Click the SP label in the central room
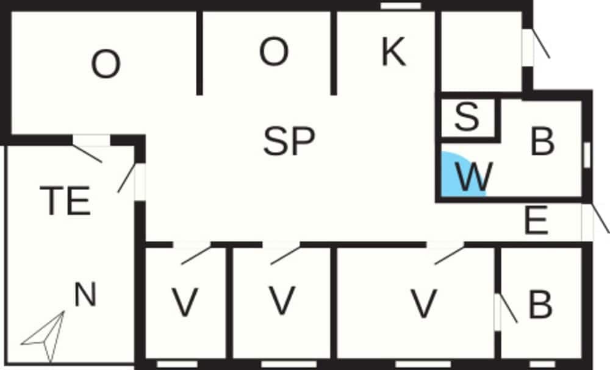[289, 141]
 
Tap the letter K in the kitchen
[393, 52]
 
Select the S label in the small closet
[467, 116]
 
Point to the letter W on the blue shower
[474, 177]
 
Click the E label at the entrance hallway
[536, 221]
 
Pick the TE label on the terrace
[66, 201]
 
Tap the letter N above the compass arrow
[85, 294]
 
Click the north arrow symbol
[45, 336]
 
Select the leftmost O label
[106, 64]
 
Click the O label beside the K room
[274, 52]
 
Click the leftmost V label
[185, 302]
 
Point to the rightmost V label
[424, 304]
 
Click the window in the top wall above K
[401, 6]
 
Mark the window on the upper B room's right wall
[587, 155]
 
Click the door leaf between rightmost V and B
[508, 308]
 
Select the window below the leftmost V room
[178, 364]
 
